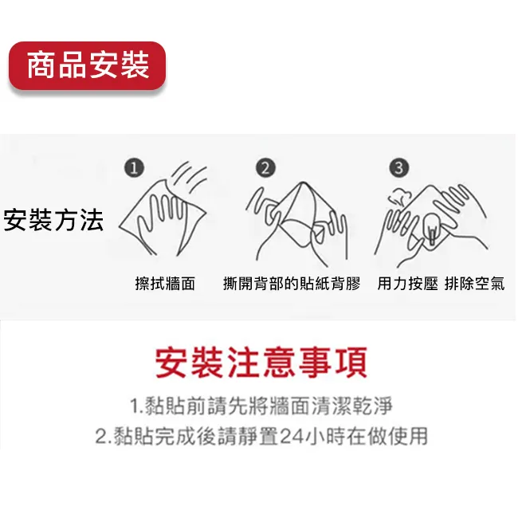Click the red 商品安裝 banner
coord(87,65)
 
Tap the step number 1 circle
coord(134,168)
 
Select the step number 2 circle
coord(265,168)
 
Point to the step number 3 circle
coord(398,168)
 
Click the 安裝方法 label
coord(53,220)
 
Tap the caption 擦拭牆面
coord(165,284)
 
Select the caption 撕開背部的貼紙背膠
coord(292,284)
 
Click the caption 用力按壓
coord(408,284)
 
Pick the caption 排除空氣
coord(474,284)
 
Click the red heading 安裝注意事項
coord(261,363)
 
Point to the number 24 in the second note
coord(292,436)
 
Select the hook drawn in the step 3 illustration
coord(432,228)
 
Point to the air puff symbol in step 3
coord(398,196)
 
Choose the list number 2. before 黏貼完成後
coord(104,437)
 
